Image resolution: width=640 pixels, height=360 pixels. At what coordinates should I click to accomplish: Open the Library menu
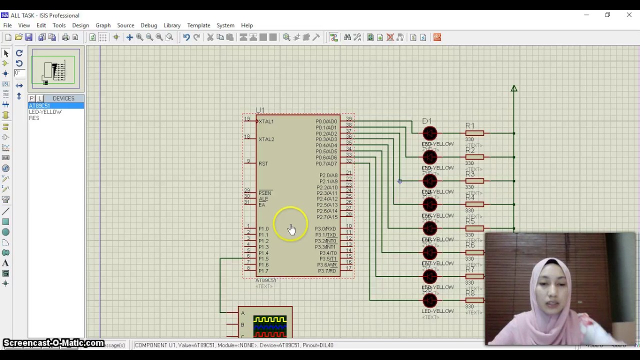point(171,25)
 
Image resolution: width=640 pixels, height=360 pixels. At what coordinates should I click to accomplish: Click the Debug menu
point(148,25)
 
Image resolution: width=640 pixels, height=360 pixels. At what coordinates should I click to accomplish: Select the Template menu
point(198,25)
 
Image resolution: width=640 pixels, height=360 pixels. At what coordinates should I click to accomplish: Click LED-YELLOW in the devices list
point(45,112)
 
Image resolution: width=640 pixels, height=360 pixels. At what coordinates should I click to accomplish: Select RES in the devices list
point(34,118)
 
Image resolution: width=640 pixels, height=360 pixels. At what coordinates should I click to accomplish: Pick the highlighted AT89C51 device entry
point(39,106)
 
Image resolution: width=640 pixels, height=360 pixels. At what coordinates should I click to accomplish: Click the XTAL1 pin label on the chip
point(266,121)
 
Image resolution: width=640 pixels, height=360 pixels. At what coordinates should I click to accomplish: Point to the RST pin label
point(263,163)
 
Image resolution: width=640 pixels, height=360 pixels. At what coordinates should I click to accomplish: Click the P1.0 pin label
point(263,229)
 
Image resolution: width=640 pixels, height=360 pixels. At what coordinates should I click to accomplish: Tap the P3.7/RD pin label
point(327,271)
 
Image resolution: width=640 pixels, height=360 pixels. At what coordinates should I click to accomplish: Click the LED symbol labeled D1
point(429,133)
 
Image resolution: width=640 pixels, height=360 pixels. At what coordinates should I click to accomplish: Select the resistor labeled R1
point(474,133)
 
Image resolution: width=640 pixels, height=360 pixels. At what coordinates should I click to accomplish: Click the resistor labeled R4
point(474,204)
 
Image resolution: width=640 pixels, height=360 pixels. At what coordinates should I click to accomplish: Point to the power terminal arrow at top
point(514,89)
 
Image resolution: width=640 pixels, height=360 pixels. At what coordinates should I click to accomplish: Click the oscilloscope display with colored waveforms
point(270,326)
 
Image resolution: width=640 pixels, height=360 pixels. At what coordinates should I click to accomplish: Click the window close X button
point(629,15)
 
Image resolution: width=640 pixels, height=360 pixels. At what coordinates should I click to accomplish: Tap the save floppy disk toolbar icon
point(28,37)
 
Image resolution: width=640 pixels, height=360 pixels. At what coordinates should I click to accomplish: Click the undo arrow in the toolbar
point(186,37)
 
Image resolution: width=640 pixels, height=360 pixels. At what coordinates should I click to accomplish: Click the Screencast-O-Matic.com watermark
point(53,343)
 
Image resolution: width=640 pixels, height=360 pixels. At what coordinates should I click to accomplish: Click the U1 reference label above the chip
point(260,110)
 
